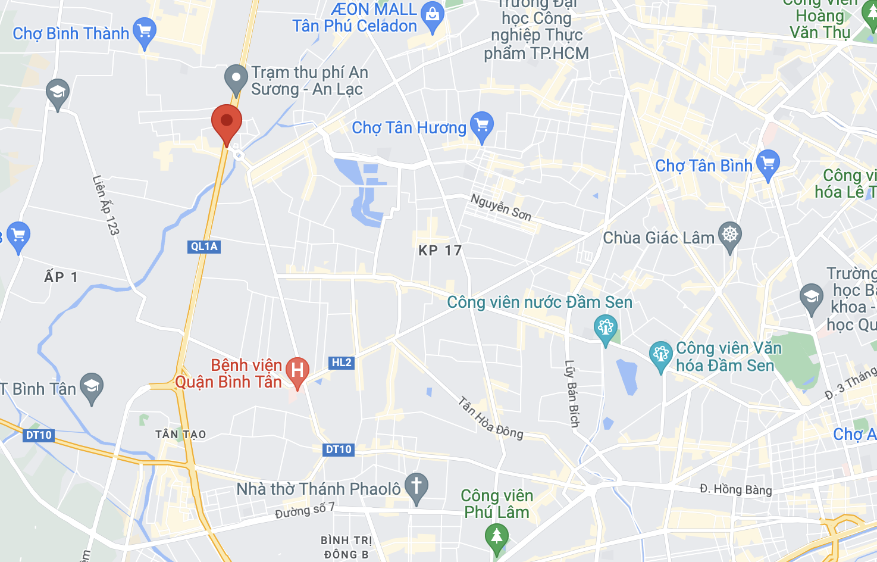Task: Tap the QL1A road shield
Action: pyautogui.click(x=204, y=246)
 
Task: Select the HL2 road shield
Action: pyautogui.click(x=342, y=363)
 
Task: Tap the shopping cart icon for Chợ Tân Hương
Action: pyautogui.click(x=482, y=126)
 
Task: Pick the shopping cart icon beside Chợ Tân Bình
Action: pyautogui.click(x=768, y=163)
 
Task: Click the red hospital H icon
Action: pyautogui.click(x=297, y=371)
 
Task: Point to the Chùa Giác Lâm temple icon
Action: pyautogui.click(x=730, y=235)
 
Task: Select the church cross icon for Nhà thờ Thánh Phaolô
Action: pyautogui.click(x=416, y=486)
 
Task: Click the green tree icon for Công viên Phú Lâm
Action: pyautogui.click(x=496, y=536)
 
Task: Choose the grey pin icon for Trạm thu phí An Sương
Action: pyautogui.click(x=236, y=79)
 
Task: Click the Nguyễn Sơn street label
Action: pyautogui.click(x=501, y=207)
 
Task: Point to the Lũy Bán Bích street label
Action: pyautogui.click(x=572, y=394)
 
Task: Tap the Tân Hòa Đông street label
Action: pyautogui.click(x=491, y=418)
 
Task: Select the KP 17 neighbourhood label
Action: pyautogui.click(x=440, y=251)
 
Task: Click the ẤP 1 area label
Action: pyautogui.click(x=61, y=277)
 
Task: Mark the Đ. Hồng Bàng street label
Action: pyautogui.click(x=735, y=489)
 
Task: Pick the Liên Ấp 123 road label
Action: pyautogui.click(x=106, y=205)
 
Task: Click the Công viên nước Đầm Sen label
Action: pyautogui.click(x=540, y=302)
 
